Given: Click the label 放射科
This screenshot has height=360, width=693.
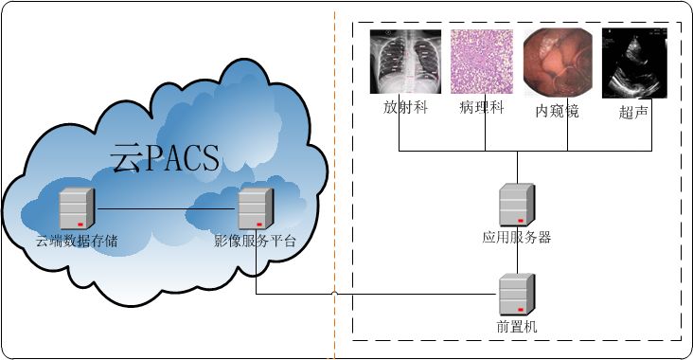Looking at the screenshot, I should (x=405, y=108).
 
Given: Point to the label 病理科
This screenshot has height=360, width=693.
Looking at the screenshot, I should (x=483, y=109).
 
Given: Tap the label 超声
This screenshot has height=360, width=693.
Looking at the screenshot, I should (x=632, y=112).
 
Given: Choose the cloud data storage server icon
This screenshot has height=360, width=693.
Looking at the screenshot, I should (x=77, y=208).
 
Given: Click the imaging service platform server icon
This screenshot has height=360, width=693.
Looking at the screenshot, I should (x=255, y=207).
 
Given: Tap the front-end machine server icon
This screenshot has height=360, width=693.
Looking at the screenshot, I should (x=517, y=295).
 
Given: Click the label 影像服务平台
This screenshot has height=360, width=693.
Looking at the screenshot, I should (x=255, y=241).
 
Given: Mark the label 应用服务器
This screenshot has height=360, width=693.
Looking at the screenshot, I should (x=517, y=238).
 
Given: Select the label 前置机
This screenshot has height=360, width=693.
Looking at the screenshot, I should (x=517, y=327).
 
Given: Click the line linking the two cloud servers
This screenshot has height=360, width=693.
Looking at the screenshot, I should (x=166, y=208).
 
